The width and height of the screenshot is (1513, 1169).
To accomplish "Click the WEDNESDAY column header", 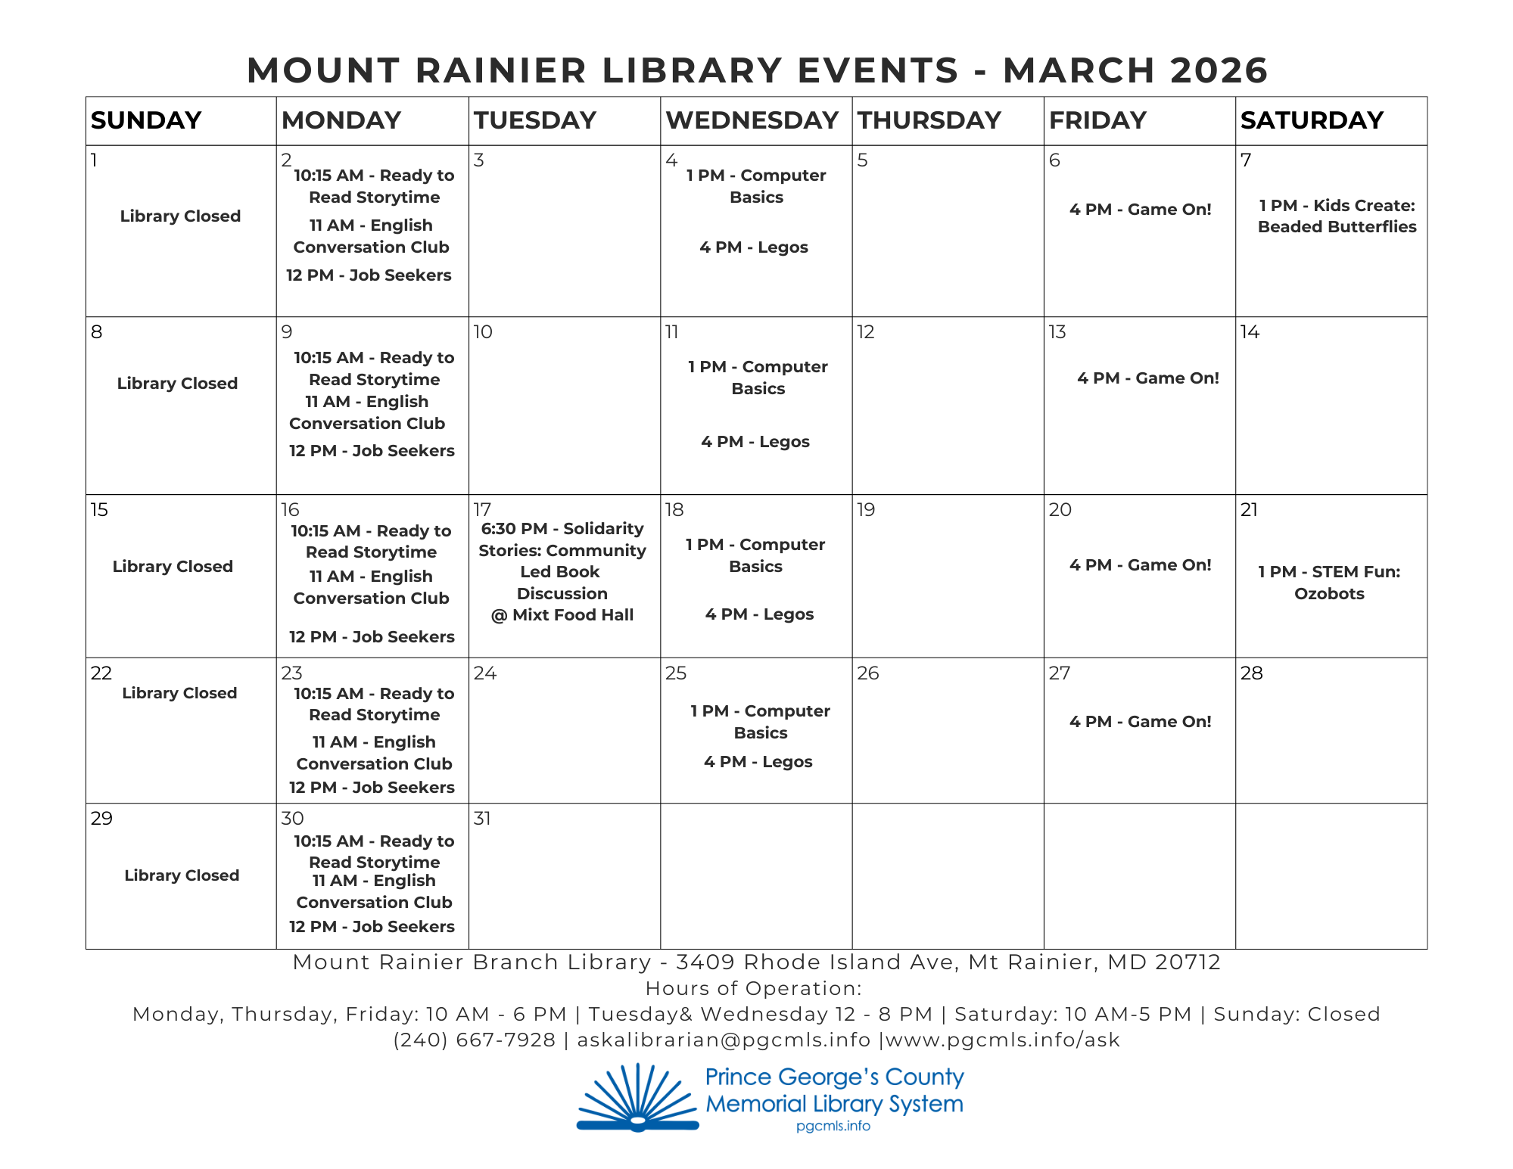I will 752,120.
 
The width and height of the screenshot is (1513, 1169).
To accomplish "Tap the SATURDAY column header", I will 1312,120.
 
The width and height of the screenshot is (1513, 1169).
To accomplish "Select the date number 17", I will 482,509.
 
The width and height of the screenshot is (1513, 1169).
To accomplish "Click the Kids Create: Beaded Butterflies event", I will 1337,216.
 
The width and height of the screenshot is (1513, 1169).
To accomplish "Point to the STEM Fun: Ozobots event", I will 1329,583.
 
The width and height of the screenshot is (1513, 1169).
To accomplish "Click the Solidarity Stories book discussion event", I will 562,572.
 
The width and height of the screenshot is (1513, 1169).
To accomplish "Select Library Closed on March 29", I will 182,875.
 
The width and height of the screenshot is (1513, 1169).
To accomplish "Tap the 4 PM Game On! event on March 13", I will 1147,378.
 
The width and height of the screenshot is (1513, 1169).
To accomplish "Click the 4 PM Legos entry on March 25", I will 758,762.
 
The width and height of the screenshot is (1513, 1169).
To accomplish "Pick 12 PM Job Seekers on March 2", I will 369,275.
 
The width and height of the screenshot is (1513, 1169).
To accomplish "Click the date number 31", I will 482,819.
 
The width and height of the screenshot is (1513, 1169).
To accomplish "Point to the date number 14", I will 1250,332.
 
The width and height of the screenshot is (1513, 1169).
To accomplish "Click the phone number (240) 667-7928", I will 475,1040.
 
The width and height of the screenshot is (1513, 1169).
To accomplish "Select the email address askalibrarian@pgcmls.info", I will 724,1040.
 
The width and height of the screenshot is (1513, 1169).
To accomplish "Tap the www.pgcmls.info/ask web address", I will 1002,1040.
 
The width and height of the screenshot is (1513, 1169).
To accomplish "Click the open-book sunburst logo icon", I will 637,1099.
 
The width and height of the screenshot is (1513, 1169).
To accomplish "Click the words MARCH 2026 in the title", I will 1135,70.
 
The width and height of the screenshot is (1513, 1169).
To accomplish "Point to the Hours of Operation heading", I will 753,989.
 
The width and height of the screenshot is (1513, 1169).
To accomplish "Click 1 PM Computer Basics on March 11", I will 758,378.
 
